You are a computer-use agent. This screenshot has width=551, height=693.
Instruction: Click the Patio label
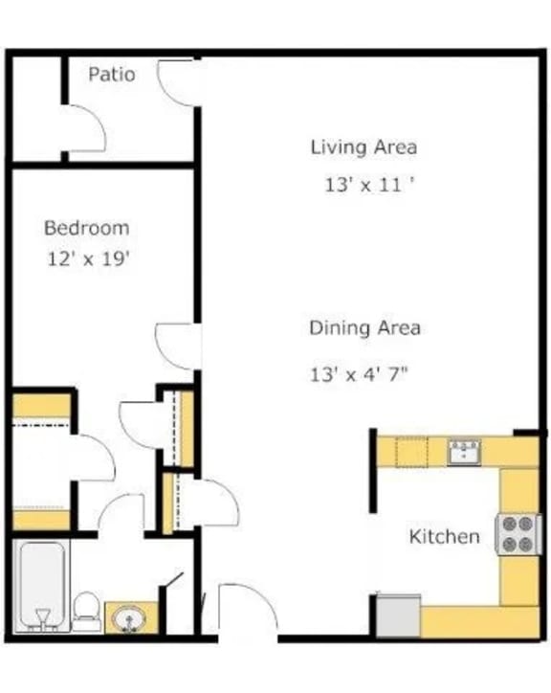pos(112,75)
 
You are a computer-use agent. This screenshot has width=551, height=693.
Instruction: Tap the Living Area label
pos(364,147)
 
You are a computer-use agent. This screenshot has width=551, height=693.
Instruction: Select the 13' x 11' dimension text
pos(368,185)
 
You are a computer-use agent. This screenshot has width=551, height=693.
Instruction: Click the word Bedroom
pos(86,229)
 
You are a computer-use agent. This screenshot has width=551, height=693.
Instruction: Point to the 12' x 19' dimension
pos(87,258)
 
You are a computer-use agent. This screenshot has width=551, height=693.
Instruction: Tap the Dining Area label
pos(364,328)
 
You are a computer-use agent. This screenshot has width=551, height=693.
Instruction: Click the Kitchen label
pos(444,536)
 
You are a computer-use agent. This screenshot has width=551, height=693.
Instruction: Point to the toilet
pos(86,611)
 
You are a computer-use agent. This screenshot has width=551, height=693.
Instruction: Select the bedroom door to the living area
pos(177,346)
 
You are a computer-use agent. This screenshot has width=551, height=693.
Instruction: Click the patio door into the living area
pos(179,82)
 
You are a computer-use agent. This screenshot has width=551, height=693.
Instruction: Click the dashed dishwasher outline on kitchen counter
pos(411,451)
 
